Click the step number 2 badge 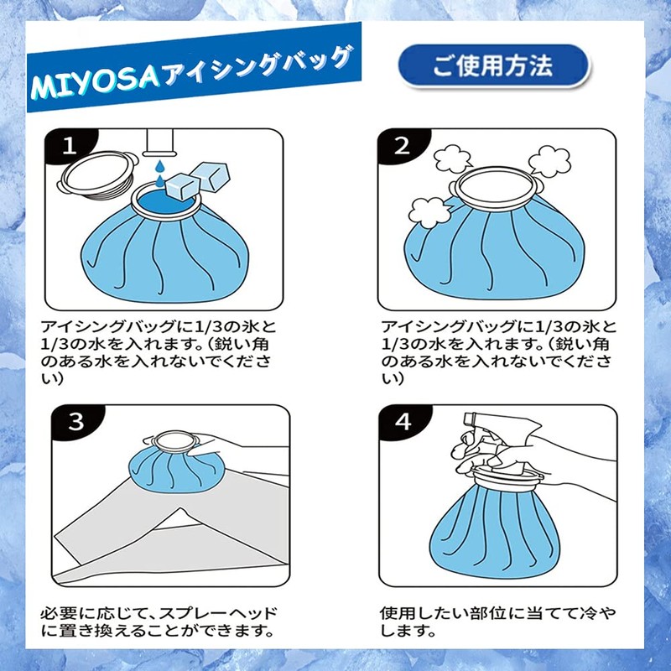tap(402, 147)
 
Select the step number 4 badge tap(402, 422)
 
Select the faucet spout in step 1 tap(161, 142)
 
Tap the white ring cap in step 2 tap(497, 185)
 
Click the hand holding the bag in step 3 tap(243, 457)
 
